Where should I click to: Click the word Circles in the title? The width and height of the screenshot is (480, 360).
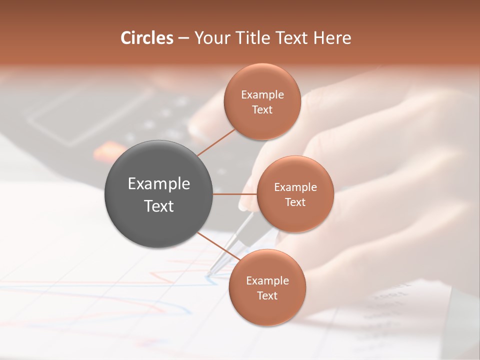(147, 38)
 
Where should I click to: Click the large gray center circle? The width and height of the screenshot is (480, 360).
(158, 194)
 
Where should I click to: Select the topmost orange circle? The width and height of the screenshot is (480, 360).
(262, 101)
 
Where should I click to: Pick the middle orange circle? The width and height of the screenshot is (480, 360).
(295, 194)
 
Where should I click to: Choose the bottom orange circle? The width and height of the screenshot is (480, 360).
(267, 287)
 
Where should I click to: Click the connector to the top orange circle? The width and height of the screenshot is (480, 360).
(216, 142)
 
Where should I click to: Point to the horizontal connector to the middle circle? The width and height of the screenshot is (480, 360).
(235, 194)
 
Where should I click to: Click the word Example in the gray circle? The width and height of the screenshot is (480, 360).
(158, 183)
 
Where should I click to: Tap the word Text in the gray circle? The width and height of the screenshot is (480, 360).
(158, 205)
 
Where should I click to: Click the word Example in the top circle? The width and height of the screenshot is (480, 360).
(262, 94)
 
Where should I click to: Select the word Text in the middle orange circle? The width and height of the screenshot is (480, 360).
(295, 202)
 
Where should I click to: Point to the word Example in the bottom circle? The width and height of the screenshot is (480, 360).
(267, 280)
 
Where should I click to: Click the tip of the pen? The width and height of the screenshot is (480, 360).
(208, 274)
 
